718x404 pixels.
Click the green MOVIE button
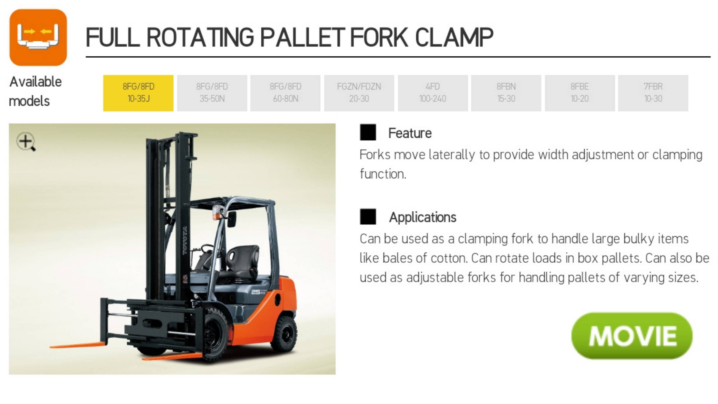(632, 336)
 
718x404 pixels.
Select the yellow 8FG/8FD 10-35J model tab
(138, 93)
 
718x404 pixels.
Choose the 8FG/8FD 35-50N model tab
(212, 93)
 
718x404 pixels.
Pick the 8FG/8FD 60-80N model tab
(285, 93)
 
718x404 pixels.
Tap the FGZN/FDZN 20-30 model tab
(359, 93)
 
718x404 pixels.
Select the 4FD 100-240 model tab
(433, 93)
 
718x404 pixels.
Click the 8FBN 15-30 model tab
(506, 93)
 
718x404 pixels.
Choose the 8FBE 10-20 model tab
(580, 93)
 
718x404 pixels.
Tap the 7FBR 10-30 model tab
(653, 93)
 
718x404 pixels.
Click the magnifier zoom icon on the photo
(26, 142)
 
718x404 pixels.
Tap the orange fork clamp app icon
(38, 37)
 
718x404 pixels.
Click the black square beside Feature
(368, 132)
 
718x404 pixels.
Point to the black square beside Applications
(368, 217)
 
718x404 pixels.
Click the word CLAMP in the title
(454, 37)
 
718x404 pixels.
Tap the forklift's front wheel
(215, 335)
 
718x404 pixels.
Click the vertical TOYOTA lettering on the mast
(185, 241)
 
